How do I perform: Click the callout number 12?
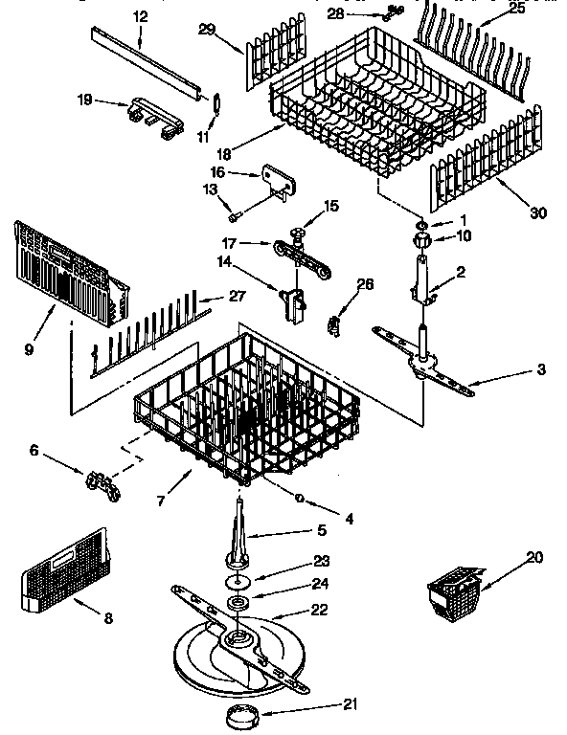coord(141,16)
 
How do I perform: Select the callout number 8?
coord(108,619)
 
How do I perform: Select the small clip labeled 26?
coord(333,324)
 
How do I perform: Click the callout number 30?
coord(538,212)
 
